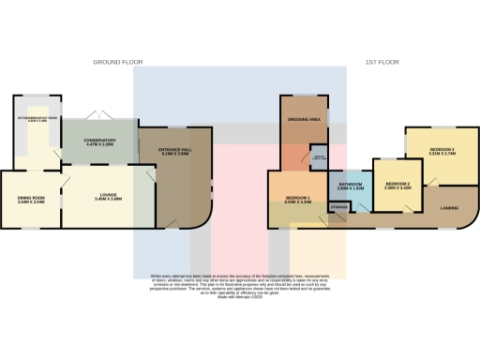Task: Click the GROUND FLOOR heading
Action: pyautogui.click(x=118, y=62)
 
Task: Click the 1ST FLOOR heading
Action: pyautogui.click(x=382, y=62)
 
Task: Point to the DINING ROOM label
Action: pyautogui.click(x=31, y=196)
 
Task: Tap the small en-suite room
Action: pyautogui.click(x=319, y=157)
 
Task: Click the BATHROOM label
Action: pyautogui.click(x=351, y=185)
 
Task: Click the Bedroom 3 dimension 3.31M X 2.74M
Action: pyautogui.click(x=442, y=155)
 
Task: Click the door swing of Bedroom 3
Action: pyautogui.click(x=433, y=180)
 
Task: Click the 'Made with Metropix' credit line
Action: pyautogui.click(x=239, y=297)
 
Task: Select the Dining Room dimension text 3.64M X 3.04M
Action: pyautogui.click(x=31, y=202)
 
